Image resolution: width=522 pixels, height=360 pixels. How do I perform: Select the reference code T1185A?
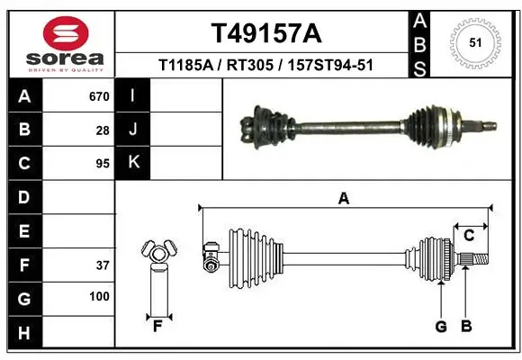point(183,65)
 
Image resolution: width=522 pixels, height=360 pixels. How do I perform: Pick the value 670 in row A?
point(99,96)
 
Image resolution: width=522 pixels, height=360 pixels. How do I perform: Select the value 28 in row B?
point(103,130)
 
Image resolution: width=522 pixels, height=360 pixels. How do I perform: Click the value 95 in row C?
point(103,164)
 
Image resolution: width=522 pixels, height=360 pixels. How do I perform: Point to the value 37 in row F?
point(103,265)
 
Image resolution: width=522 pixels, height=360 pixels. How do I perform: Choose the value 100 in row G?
point(99,297)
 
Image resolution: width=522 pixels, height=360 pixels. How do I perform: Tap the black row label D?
point(24,197)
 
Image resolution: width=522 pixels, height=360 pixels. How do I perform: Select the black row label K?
point(133,163)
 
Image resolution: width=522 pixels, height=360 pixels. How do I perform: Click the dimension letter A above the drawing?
point(343,199)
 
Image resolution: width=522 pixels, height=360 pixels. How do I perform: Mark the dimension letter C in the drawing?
point(469,236)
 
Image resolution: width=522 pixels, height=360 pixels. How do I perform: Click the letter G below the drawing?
point(441,326)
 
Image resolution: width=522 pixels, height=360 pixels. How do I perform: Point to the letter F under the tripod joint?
point(157,326)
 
